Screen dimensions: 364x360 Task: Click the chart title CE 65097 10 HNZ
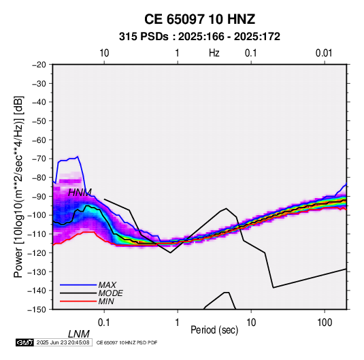click(x=199, y=19)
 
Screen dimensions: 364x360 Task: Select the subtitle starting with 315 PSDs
click(x=199, y=37)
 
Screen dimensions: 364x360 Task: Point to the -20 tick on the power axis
click(x=39, y=65)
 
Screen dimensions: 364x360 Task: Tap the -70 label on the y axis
click(x=39, y=159)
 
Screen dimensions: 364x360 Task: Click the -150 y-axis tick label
click(x=37, y=310)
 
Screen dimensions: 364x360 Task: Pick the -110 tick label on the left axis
click(x=37, y=234)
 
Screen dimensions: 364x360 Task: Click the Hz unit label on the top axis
click(x=214, y=53)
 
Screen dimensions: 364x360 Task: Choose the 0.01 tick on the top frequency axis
click(x=324, y=53)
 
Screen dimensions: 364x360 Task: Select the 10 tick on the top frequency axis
click(x=104, y=53)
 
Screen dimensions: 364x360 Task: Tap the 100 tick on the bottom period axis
click(x=325, y=323)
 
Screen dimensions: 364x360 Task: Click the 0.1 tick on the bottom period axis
click(x=104, y=323)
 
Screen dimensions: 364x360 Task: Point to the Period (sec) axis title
click(x=214, y=330)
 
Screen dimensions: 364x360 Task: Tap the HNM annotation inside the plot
click(x=80, y=193)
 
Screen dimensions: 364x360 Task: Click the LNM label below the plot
click(x=79, y=334)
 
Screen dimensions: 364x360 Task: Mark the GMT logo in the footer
click(x=24, y=342)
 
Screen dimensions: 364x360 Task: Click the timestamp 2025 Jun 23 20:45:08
click(x=63, y=342)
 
